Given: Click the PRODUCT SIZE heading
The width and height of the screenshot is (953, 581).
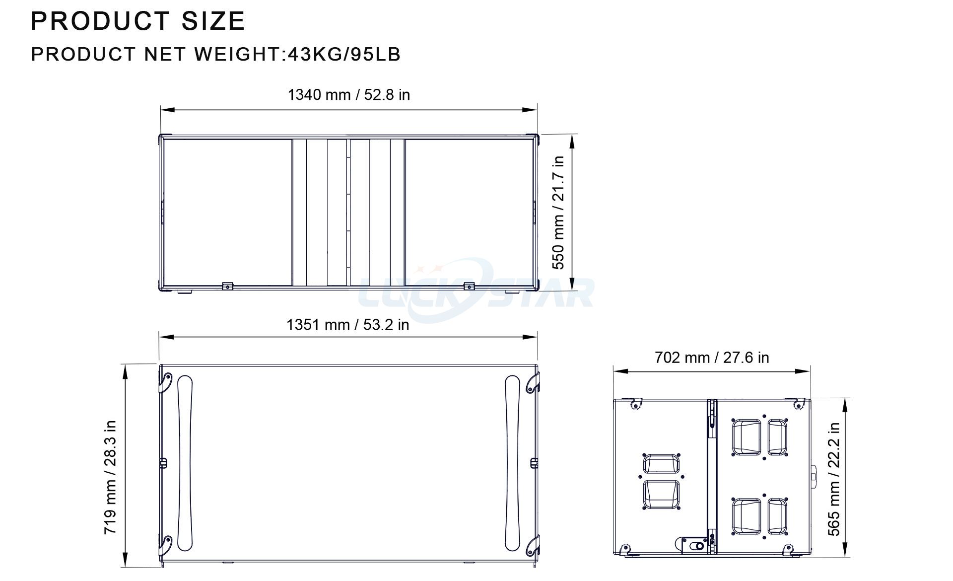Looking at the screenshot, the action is [138, 21].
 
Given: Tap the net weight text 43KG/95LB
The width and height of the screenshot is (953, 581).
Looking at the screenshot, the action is [343, 54].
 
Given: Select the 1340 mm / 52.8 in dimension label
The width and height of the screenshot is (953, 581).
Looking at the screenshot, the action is [349, 94].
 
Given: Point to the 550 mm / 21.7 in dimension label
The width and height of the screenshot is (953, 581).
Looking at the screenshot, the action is [558, 213].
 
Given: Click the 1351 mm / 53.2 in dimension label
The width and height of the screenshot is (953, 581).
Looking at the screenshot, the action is [348, 325].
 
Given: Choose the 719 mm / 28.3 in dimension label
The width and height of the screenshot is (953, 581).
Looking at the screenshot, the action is [110, 477].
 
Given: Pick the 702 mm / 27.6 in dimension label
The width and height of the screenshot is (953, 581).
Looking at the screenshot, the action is [712, 357].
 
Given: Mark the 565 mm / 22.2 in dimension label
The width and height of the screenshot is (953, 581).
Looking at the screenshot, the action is [834, 479].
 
